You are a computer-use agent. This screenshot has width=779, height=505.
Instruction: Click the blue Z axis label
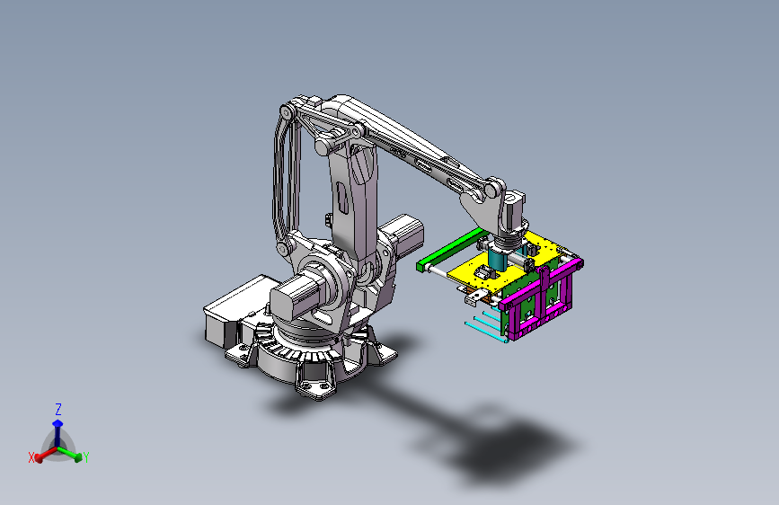pos(58,410)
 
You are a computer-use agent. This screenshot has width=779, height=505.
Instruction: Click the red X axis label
pos(31,457)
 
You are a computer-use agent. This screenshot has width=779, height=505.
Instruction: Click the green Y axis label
pos(86,457)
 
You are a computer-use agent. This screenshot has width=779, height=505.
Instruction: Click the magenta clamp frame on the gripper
pos(542,298)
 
